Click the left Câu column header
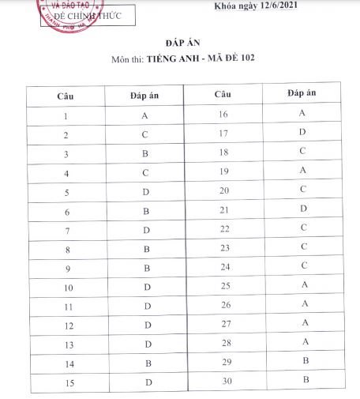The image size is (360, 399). coord(66,95)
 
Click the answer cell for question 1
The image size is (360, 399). coord(144,115)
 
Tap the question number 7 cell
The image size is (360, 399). coord(66,230)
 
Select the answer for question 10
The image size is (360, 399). coord(147,287)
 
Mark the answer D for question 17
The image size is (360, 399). coord(302,132)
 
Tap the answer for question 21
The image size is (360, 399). coord(302,209)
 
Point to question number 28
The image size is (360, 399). coord(223,342)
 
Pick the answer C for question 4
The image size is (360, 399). coord(145,172)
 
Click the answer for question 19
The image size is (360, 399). coord(302,171)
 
